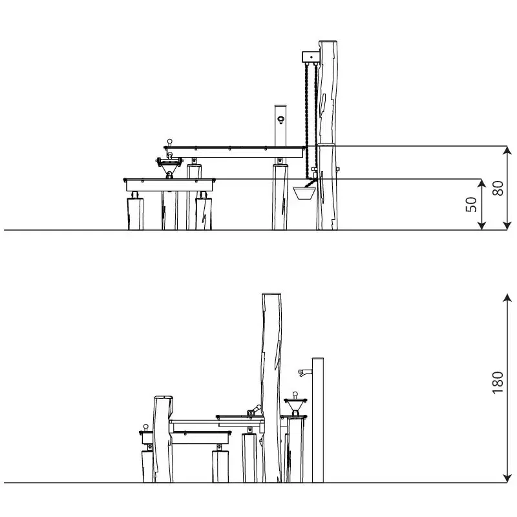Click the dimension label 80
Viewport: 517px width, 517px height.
tap(498, 188)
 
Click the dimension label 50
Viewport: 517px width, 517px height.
tap(472, 204)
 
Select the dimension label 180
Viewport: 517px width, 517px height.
tap(498, 383)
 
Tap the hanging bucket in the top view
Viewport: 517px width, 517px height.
tap(304, 193)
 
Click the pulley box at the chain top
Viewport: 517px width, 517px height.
tap(311, 57)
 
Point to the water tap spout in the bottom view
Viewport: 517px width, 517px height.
tap(304, 372)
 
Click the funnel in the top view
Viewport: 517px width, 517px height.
tap(169, 167)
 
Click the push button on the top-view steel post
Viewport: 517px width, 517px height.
tap(280, 120)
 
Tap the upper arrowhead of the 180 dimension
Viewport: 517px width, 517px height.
tap(507, 298)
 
